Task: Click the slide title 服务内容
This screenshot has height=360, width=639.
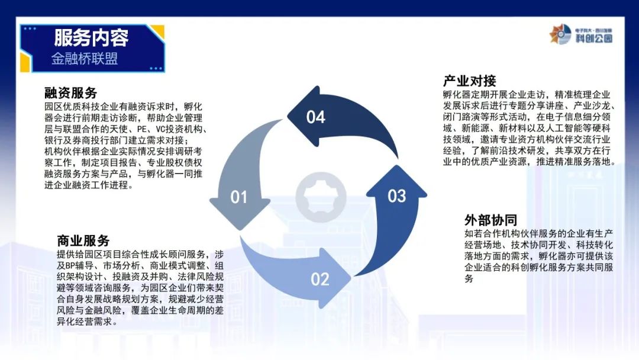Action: [x=91, y=38]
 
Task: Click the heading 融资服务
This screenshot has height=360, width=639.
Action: [x=70, y=93]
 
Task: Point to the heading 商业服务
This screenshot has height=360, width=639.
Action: [x=83, y=240]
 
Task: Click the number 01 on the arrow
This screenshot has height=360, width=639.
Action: [x=239, y=197]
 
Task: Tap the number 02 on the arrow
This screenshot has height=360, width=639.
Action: [x=320, y=279]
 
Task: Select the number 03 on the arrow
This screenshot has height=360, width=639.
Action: [x=397, y=196]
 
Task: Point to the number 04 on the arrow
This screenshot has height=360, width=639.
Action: [x=316, y=117]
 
